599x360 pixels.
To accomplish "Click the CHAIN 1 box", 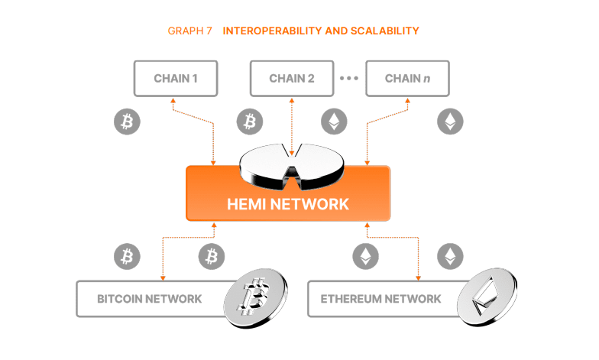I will (x=176, y=79).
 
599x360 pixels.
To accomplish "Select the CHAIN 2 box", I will (x=293, y=79).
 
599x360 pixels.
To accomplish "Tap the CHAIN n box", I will (x=406, y=79).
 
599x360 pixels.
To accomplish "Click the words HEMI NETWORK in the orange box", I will (x=288, y=204).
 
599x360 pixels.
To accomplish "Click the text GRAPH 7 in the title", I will (x=189, y=31).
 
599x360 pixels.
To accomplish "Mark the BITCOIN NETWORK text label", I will (x=150, y=299).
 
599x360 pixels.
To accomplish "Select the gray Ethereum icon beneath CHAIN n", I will (x=449, y=122).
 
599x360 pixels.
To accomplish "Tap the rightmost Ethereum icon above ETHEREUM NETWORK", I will (x=449, y=257).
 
